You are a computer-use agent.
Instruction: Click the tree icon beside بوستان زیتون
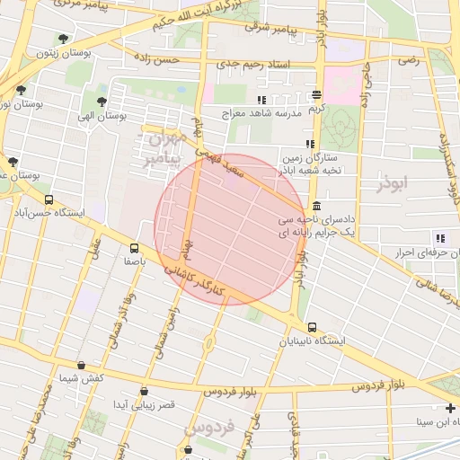point(62,39)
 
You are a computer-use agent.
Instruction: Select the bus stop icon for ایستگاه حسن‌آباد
point(49,200)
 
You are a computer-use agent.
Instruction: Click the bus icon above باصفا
point(134,248)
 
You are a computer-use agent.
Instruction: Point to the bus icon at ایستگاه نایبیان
point(312,327)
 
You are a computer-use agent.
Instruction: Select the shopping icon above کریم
point(316,94)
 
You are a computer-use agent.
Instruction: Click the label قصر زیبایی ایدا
point(143,405)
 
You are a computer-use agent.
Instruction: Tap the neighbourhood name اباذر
point(393,182)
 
